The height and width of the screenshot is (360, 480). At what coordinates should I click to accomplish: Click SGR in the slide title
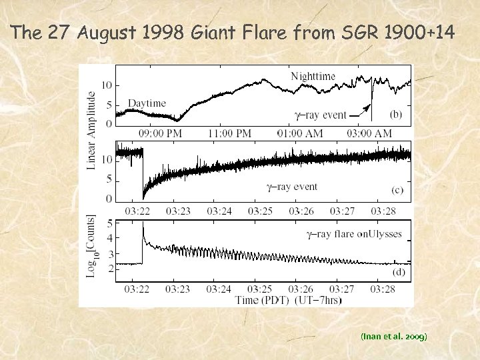pos(358,33)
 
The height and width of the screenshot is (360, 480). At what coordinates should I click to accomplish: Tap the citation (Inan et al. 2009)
pos(395,337)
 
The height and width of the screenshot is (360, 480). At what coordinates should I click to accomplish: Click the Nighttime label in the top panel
pos(313,76)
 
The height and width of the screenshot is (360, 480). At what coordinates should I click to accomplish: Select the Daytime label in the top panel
pos(146,103)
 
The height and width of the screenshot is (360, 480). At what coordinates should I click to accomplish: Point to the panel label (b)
pos(395,115)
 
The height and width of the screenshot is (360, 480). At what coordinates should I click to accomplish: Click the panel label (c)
pos(397,191)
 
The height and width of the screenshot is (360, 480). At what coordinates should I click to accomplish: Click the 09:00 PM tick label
pos(160,133)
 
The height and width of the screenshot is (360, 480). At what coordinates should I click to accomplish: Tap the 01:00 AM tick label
pos(300,133)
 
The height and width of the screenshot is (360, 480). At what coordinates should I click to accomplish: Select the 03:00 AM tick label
pos(369,133)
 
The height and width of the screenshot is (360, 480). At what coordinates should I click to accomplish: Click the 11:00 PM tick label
pos(229,133)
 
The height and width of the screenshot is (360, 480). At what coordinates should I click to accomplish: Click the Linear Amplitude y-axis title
pos(91,131)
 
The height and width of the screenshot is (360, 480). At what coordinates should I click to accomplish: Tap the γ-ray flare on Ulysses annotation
pos(353,234)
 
